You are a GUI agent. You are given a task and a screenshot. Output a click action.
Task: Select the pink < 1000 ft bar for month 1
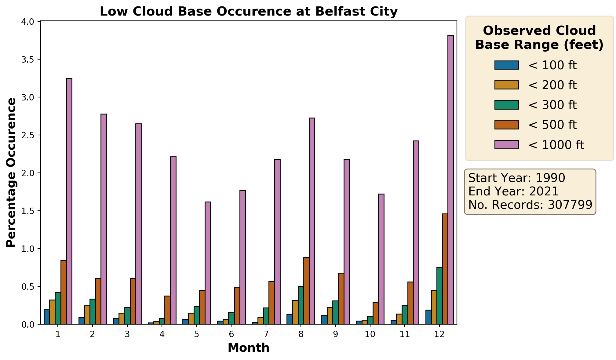69,201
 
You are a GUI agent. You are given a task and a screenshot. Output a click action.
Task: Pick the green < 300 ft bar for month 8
301,305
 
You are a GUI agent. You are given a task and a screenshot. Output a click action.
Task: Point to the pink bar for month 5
208,263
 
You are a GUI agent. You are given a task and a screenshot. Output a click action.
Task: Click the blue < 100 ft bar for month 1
47,317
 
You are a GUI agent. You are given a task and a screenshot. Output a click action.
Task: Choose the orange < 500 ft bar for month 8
306,291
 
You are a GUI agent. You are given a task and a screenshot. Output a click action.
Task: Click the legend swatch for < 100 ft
506,65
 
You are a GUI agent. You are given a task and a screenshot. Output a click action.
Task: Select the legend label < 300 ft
552,105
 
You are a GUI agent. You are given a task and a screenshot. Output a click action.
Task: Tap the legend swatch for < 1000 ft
506,145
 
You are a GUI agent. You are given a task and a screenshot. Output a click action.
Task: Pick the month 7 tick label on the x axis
266,334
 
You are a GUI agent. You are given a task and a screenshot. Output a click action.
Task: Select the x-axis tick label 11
405,334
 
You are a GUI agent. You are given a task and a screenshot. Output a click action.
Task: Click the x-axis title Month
249,348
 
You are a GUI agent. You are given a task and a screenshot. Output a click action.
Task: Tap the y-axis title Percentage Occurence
11,173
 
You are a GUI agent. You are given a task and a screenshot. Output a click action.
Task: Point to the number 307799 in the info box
570,205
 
